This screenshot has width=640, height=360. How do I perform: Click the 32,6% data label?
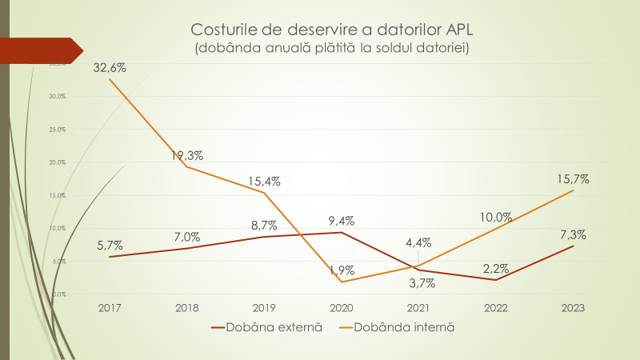coord(110,68)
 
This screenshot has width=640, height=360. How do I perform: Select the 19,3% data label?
coord(186,156)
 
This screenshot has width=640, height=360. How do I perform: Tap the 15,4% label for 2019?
coord(263,182)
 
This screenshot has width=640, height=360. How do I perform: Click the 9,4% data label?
coord(341,221)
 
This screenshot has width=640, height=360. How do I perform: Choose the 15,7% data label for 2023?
coord(573,179)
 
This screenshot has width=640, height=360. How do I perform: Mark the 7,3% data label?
coord(573,234)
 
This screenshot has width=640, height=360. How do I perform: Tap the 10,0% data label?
coord(496,217)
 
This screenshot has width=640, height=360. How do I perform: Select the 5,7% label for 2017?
coord(109,245)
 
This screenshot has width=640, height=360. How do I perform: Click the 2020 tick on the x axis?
coord(341,308)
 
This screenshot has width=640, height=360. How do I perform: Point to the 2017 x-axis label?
coord(109,308)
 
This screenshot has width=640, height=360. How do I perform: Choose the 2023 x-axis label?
coord(573,308)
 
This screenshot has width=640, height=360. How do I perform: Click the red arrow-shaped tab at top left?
coord(44,50)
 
